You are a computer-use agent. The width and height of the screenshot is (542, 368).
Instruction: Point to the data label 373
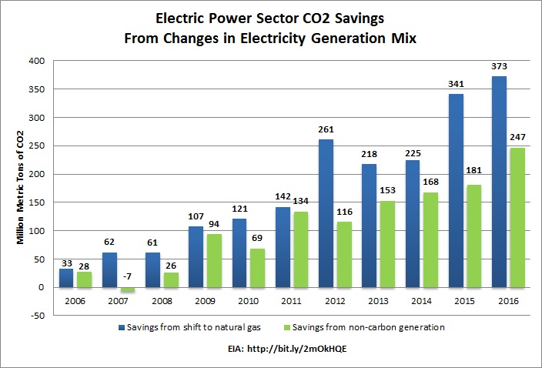tap(500, 69)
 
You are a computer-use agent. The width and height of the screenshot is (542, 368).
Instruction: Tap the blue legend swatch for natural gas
tap(122, 327)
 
